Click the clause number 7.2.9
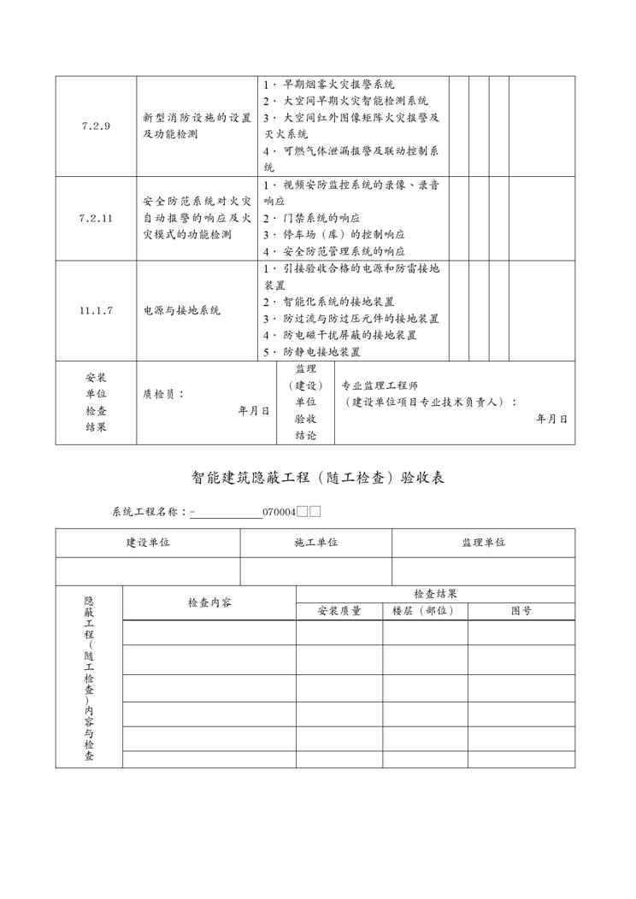point(96,126)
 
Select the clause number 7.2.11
point(96,218)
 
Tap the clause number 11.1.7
point(96,310)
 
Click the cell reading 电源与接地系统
point(181,310)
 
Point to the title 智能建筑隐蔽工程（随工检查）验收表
point(317,478)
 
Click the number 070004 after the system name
point(279,512)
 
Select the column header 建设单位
point(148,543)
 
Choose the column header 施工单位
point(316,543)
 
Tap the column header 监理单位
point(483,543)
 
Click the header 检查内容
point(209,602)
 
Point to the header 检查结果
point(435,593)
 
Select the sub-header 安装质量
point(339,611)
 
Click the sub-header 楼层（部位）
point(425,611)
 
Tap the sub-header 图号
point(521,611)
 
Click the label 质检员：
point(164,395)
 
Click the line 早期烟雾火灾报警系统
point(339,85)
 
